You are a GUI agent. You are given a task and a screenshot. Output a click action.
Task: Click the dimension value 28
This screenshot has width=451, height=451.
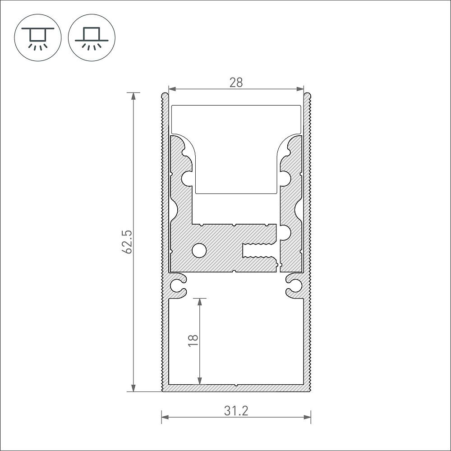pyautogui.click(x=236, y=83)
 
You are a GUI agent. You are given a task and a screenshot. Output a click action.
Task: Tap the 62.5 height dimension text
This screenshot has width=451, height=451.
pyautogui.click(x=127, y=242)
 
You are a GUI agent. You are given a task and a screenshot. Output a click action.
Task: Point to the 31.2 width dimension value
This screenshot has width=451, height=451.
pyautogui.click(x=236, y=411)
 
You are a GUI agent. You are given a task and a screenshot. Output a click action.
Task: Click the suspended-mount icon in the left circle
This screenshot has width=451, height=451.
pyautogui.click(x=38, y=38)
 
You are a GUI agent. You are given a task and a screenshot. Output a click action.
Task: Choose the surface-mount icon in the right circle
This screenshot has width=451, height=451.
pyautogui.click(x=92, y=38)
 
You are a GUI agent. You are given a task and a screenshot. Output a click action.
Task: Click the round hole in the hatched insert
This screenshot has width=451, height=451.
pyautogui.click(x=199, y=250)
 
